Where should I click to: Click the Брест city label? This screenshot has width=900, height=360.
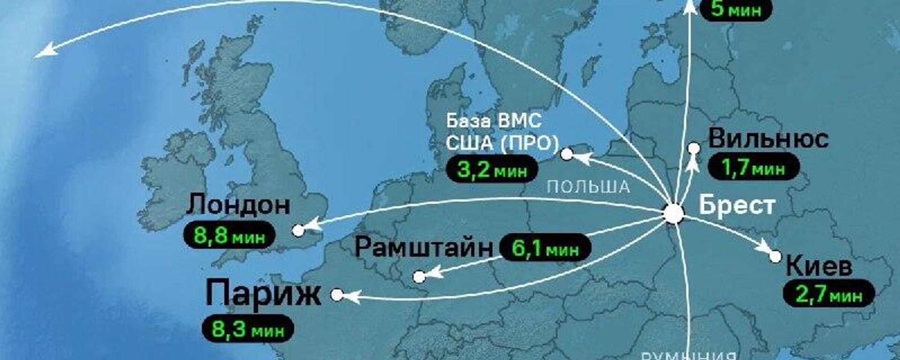coord(736,205)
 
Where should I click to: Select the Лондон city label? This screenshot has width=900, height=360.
coord(239,205)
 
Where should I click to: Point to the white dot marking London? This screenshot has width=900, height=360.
coord(298,230)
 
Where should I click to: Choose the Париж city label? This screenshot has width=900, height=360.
coord(263,293)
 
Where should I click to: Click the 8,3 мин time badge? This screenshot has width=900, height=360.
coord(248,329)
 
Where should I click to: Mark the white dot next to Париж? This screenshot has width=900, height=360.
coord(337,295)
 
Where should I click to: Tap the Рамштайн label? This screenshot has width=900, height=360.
coord(424,247)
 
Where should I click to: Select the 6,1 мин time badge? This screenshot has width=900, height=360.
coord(545,247)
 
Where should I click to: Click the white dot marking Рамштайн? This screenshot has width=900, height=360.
coord(419,277)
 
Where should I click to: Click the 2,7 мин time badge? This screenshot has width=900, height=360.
coord(829,295)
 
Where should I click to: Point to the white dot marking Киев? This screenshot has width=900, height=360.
coord(775,256)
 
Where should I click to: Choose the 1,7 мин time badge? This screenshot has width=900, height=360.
coord(753,168)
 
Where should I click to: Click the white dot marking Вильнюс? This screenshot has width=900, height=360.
coord(694,149)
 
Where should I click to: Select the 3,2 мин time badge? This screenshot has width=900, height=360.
coord(492,169)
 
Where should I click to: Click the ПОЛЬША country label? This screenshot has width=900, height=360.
coord(588,187)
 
